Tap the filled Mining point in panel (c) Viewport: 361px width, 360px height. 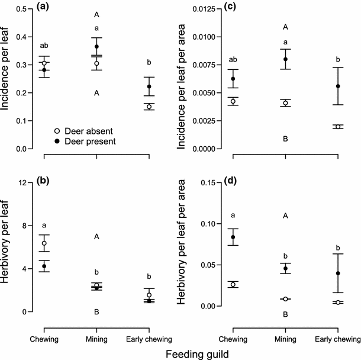click(x=285, y=59)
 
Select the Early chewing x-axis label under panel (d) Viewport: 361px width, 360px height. click(x=337, y=339)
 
